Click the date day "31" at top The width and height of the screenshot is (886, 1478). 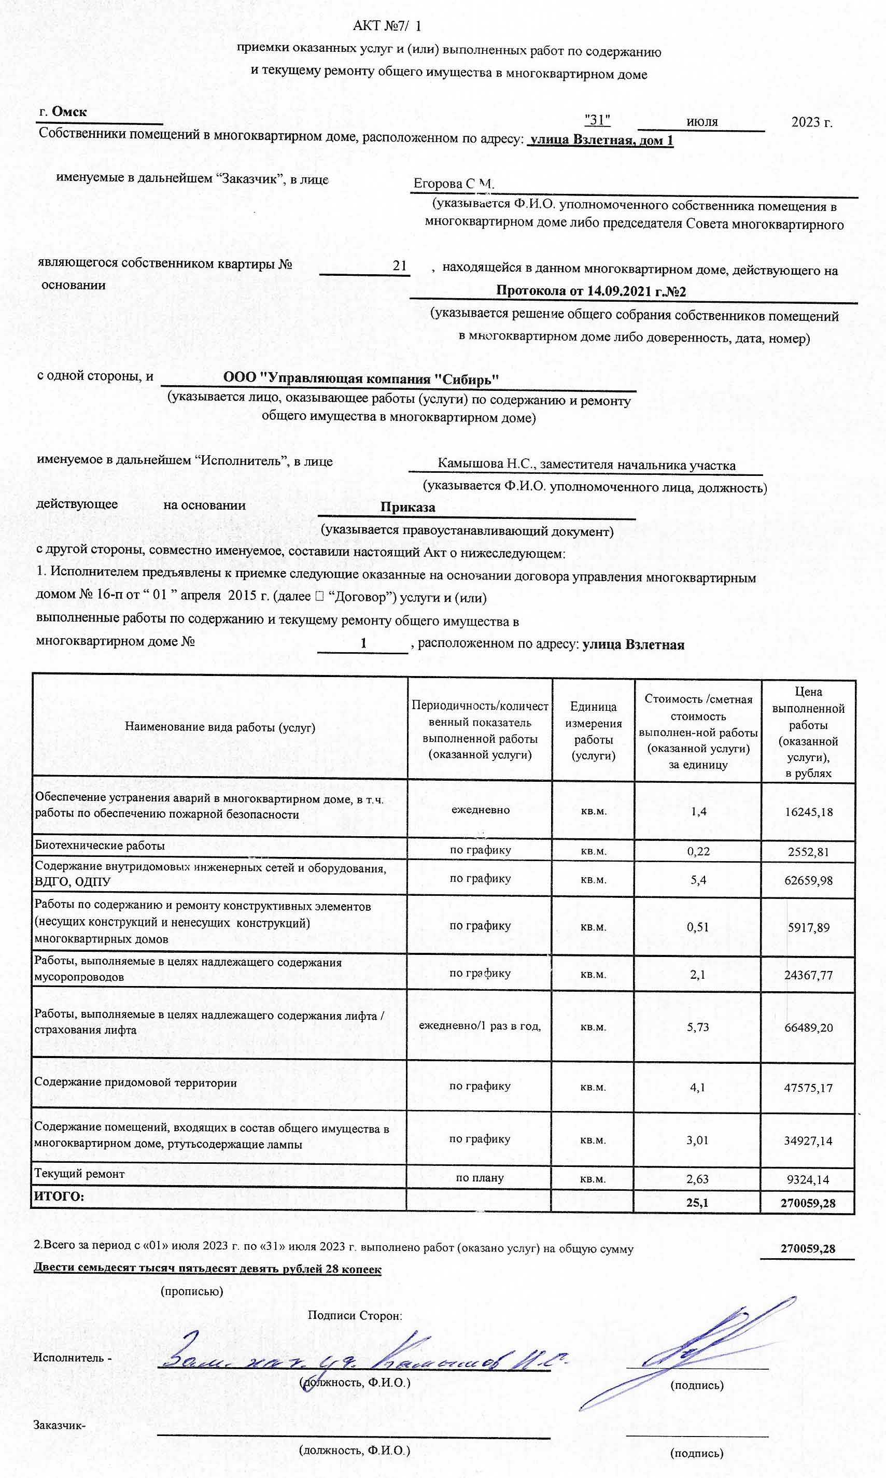[597, 120]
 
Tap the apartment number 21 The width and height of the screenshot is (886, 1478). [399, 265]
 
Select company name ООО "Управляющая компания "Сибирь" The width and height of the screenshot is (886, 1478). [361, 378]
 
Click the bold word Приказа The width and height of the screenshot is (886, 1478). [408, 508]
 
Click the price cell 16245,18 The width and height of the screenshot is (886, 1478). [808, 812]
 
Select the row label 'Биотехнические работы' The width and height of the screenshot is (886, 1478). [100, 845]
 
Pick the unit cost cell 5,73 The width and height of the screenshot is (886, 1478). [697, 1027]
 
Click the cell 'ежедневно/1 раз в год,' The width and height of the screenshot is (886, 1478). [480, 1025]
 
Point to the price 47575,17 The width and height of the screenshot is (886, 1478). [808, 1088]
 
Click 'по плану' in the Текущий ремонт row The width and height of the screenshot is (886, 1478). [480, 1178]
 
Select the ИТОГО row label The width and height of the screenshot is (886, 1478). [59, 1197]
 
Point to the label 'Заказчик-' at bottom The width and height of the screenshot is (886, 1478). [59, 1426]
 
